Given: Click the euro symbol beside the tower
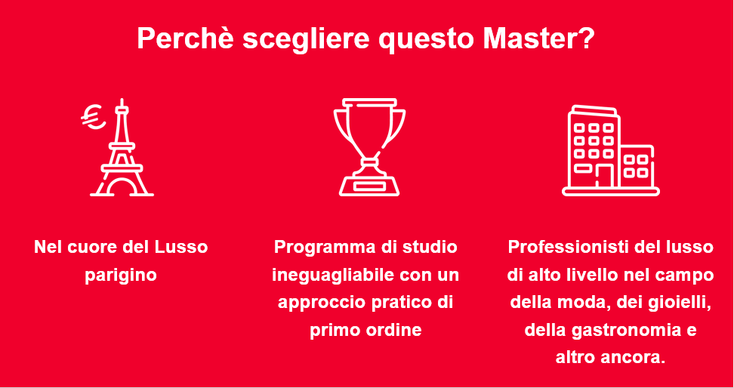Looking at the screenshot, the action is pos(93,116).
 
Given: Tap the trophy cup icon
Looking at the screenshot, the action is pos(369,147).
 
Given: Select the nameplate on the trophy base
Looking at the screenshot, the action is pos(369,186).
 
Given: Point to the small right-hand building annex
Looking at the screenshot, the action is pos(637,166).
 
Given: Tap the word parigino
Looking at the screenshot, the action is pos(121,276).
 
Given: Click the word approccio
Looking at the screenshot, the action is pos(322,303).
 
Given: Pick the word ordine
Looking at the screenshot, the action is pos(393,331).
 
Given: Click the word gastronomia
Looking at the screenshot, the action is pos(628,331).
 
